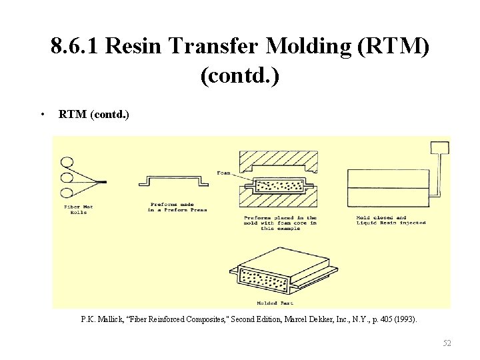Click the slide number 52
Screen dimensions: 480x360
tap(447, 343)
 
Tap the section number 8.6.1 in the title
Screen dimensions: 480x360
tap(75, 47)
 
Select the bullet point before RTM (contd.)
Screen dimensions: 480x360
tap(42, 114)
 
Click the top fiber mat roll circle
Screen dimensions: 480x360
tap(67, 161)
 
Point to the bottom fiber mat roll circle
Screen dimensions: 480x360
tap(67, 193)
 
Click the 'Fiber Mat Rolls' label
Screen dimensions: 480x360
tap(79, 209)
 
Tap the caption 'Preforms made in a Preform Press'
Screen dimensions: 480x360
tap(177, 207)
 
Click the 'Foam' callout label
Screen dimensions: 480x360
tap(223, 173)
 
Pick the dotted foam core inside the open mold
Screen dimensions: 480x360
tap(277, 184)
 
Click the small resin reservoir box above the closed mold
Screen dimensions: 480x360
tap(439, 147)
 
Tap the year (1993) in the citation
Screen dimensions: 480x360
tap(405, 319)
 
